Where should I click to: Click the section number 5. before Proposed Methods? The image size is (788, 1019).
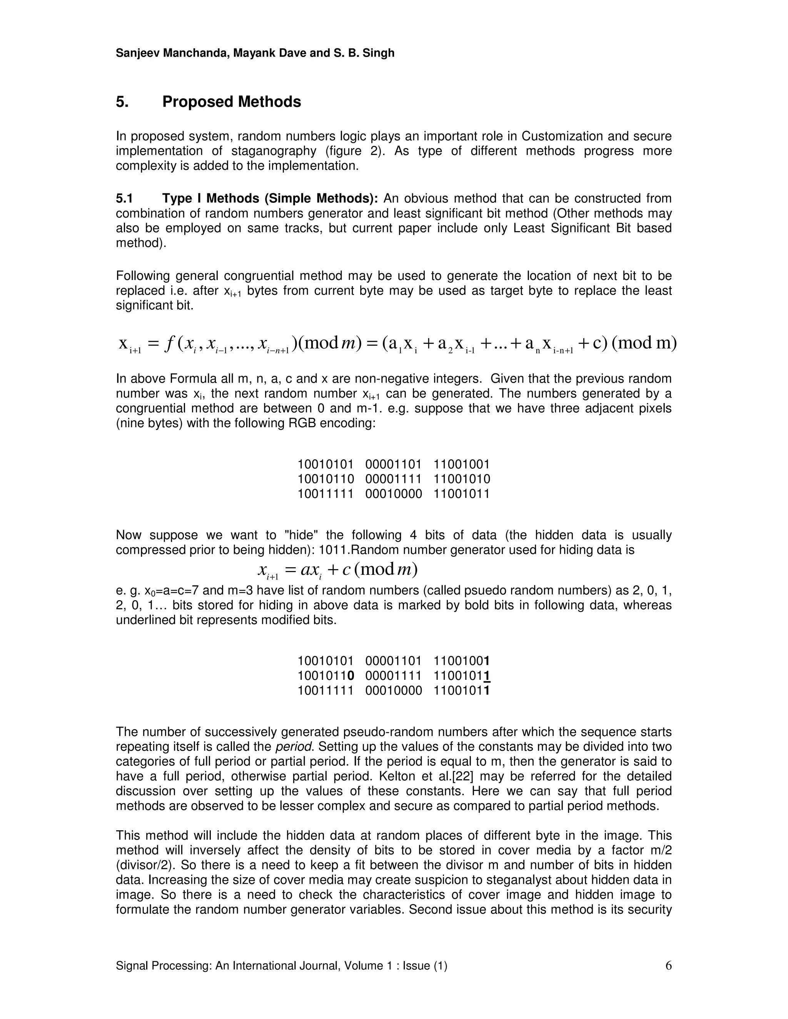pos(122,102)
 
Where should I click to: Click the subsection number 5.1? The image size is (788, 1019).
pos(125,199)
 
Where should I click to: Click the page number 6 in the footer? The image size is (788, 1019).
pos(668,966)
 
